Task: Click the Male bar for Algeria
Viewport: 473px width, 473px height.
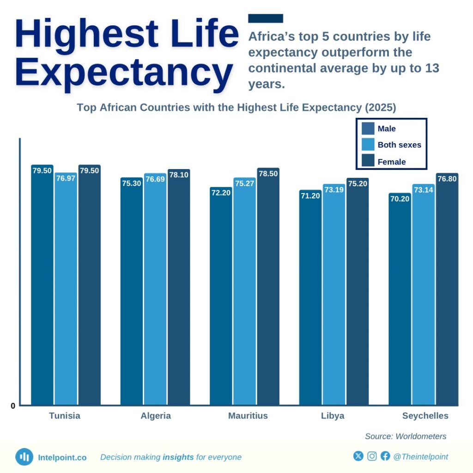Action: pyautogui.click(x=132, y=291)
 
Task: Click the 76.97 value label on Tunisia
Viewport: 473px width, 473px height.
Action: pyautogui.click(x=66, y=178)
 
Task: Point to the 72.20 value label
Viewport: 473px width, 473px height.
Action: pyautogui.click(x=221, y=193)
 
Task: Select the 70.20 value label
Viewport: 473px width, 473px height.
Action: pyautogui.click(x=400, y=199)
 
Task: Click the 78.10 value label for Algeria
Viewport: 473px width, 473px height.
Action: pyautogui.click(x=179, y=175)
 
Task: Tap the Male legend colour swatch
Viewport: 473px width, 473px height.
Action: pyautogui.click(x=368, y=128)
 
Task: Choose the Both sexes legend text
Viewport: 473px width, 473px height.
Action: pyautogui.click(x=399, y=145)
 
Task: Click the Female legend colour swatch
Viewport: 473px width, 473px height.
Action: pyautogui.click(x=368, y=161)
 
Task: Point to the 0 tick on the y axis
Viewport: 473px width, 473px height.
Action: pyautogui.click(x=13, y=406)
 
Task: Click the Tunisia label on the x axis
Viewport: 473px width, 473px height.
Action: pyautogui.click(x=65, y=416)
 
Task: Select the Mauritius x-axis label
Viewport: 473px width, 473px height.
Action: pyautogui.click(x=248, y=416)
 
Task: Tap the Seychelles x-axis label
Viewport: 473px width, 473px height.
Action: pyautogui.click(x=425, y=416)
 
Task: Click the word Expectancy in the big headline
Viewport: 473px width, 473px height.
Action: pyautogui.click(x=124, y=73)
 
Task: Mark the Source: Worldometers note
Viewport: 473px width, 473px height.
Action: pyautogui.click(x=406, y=436)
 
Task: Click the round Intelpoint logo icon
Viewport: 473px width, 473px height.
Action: pyautogui.click(x=24, y=457)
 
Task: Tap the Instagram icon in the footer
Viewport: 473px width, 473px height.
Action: pyautogui.click(x=372, y=456)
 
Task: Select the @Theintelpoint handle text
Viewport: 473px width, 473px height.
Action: pyautogui.click(x=420, y=457)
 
